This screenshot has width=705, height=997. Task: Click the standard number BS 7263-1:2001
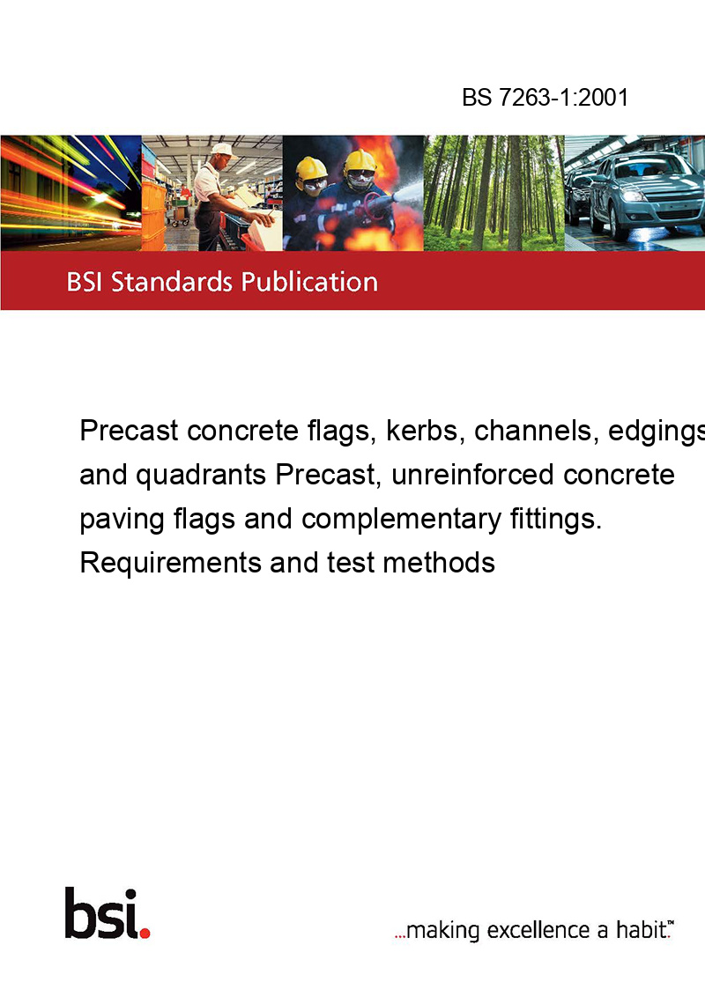tap(545, 97)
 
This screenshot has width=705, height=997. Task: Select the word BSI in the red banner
tap(85, 282)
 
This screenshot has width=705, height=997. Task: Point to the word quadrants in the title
tap(201, 475)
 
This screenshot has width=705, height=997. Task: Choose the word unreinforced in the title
tap(472, 475)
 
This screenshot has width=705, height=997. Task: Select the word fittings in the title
tap(555, 519)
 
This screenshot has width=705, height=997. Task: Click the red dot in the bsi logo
tap(145, 933)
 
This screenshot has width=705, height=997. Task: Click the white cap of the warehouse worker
tap(223, 150)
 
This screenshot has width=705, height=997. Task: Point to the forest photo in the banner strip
tap(493, 193)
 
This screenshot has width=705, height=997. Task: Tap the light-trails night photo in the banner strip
tap(70, 193)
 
